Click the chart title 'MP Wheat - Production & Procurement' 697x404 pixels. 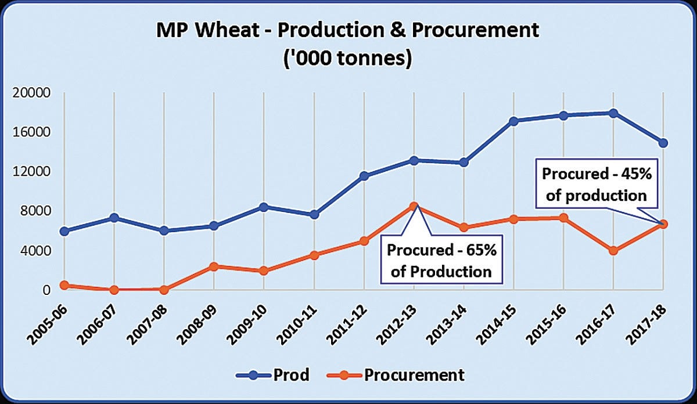348,32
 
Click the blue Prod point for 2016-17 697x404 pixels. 613,113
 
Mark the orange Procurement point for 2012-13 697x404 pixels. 414,206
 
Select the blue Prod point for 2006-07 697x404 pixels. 114,218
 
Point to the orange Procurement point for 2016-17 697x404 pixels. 613,251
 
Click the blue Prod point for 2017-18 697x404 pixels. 663,143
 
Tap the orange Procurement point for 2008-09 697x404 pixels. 214,266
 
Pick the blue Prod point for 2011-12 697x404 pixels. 364,176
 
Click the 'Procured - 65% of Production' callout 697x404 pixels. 439,261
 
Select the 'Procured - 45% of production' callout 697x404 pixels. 596,185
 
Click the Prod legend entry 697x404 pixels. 273,375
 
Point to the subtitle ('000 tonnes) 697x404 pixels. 348,59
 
